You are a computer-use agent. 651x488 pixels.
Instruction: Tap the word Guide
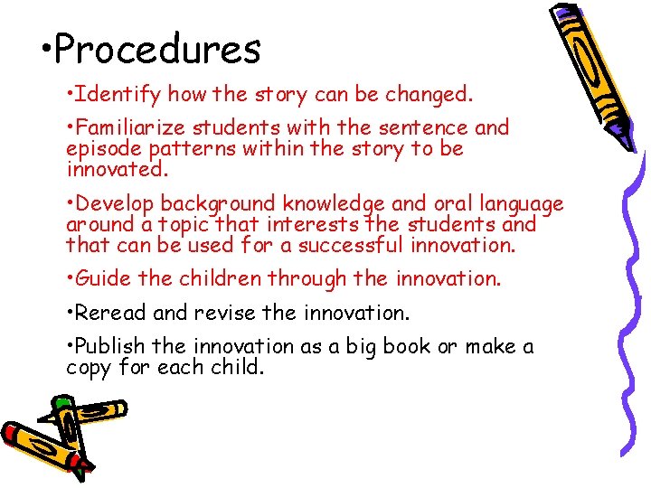click(104, 279)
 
